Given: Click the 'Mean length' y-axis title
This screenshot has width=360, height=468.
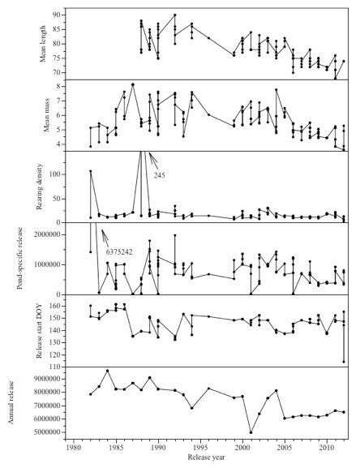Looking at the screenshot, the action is click(43, 44).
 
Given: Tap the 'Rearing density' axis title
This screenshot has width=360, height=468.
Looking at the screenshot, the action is click(40, 187).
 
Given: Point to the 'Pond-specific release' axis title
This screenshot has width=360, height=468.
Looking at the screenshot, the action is click(20, 258).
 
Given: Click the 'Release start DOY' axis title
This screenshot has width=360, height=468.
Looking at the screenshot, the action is click(39, 331).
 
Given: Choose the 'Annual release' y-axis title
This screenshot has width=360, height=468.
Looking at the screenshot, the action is click(11, 402).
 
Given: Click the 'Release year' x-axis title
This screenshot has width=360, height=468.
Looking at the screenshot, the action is click(206, 457).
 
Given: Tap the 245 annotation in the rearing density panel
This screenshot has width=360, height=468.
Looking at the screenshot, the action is click(159, 175).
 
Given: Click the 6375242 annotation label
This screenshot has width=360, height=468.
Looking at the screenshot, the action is click(119, 252).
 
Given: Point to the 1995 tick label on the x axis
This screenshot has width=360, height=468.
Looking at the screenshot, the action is click(200, 449).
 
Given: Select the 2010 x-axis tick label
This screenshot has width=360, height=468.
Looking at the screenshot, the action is click(327, 449).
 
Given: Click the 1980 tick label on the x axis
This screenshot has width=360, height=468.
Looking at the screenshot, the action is click(73, 449).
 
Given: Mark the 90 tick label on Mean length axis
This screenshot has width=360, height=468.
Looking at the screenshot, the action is click(57, 15).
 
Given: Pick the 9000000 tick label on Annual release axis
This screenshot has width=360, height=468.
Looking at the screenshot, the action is click(46, 379).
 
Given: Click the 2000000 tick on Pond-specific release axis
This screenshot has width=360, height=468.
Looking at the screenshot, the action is click(46, 235).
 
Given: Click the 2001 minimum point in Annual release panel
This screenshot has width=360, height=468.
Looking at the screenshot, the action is click(251, 432).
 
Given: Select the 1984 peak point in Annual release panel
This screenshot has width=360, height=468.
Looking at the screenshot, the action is click(107, 371).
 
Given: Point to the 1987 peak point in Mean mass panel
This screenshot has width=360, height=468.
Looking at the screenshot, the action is click(133, 84).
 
